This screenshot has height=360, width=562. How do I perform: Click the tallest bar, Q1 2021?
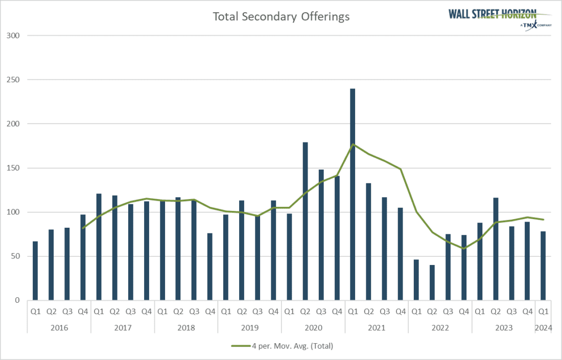353,194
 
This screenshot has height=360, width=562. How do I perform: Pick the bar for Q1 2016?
35,271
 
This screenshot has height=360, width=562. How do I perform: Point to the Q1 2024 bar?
543,266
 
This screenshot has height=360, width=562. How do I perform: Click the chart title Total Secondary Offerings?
281,16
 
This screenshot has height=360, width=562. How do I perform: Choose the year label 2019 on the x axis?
250,327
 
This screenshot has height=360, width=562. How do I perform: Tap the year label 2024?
543,327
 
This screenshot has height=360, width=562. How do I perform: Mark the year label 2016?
59,327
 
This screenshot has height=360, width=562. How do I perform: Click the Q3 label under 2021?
384,310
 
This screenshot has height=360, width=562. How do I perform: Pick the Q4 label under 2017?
147,310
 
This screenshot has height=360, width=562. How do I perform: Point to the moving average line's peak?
353,144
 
